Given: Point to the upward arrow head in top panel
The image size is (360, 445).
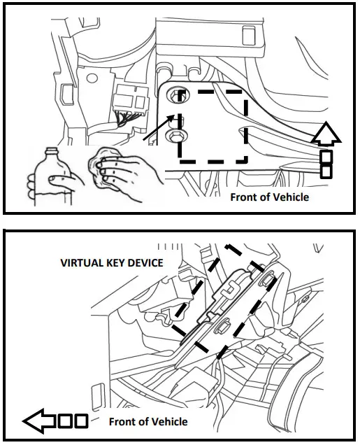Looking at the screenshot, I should click(325, 134).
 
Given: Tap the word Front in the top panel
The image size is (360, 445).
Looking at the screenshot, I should click(245, 197).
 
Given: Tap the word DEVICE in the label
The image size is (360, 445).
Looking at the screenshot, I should click(145, 262).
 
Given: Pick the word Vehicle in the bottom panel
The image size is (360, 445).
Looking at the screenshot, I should click(169, 421).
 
